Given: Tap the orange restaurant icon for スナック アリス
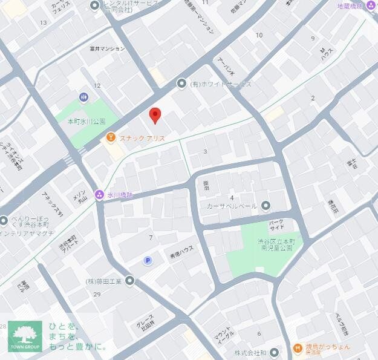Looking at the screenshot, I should (x=111, y=138).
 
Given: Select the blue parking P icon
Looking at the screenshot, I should (x=148, y=260).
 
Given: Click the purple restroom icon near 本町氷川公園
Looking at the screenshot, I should (x=83, y=97).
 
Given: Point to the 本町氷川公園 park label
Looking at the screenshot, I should (x=86, y=121).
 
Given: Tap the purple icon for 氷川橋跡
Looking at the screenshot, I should (x=99, y=195).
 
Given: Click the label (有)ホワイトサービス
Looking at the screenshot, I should (x=221, y=84).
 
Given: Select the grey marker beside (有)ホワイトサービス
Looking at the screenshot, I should (x=181, y=83).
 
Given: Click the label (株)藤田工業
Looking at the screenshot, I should (x=103, y=281).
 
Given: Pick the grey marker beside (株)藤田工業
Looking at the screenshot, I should (x=129, y=280).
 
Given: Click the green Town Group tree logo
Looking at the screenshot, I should (x=25, y=336).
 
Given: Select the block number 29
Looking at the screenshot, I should (x=97, y=294).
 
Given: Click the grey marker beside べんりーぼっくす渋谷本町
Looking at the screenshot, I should (x=4, y=221).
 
